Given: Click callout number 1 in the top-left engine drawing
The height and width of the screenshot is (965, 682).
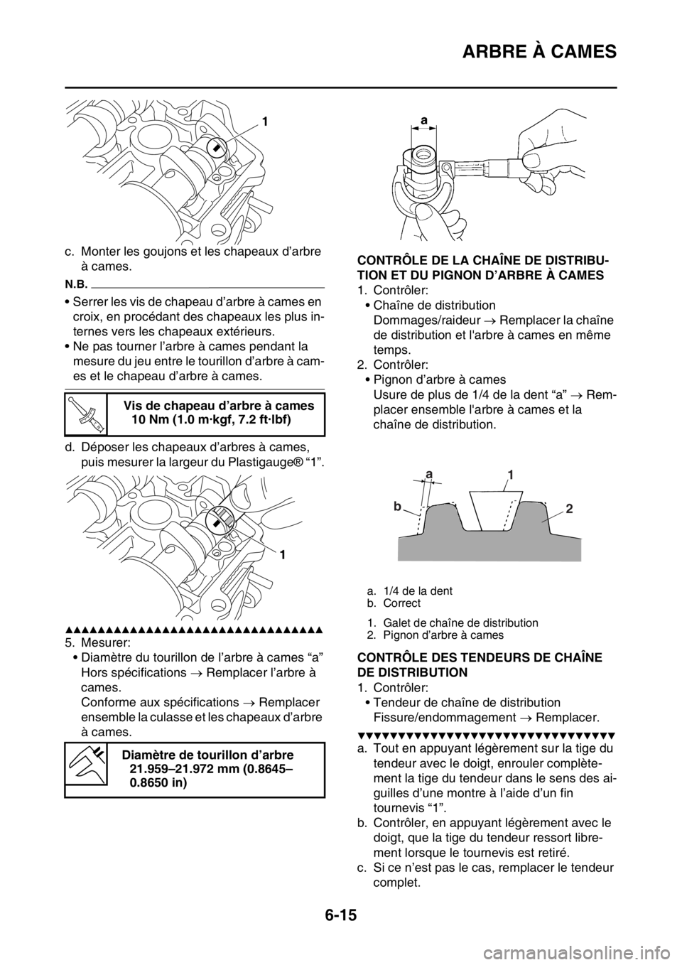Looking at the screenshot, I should click(x=265, y=122).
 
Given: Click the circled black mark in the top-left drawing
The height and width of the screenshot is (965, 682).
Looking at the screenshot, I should click(x=217, y=147).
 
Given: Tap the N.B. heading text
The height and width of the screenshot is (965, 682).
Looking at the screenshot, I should click(x=75, y=283).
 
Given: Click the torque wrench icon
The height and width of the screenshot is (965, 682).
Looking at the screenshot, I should click(x=85, y=414).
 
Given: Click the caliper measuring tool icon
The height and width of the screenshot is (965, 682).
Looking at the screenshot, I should click(x=85, y=762).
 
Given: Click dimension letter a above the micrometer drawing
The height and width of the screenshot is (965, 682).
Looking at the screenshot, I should click(x=424, y=122).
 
